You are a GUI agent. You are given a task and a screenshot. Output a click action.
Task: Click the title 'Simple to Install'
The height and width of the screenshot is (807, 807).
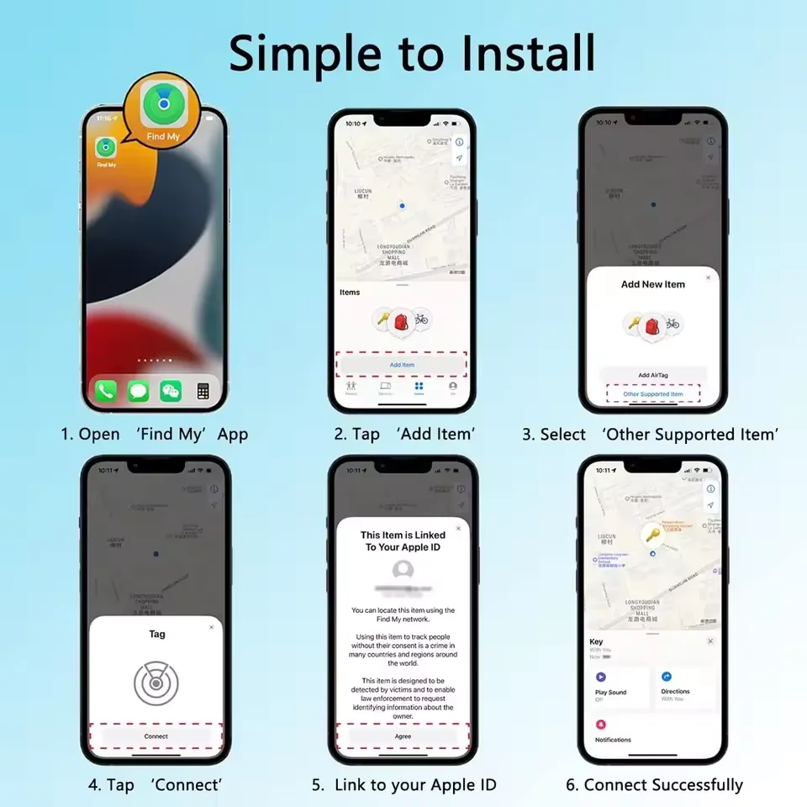412,52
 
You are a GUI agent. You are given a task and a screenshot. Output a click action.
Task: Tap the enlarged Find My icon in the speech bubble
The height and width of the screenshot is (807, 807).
162,103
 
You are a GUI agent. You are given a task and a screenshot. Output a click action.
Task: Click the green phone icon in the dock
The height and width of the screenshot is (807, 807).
106,391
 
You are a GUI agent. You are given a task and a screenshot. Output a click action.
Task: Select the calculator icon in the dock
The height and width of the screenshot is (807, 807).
203,391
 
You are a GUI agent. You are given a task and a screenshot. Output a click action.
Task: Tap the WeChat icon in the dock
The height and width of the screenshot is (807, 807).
171,391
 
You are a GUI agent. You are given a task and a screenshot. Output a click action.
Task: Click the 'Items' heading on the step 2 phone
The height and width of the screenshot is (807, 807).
350,293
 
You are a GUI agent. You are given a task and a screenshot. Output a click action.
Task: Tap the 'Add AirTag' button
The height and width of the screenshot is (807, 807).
653,375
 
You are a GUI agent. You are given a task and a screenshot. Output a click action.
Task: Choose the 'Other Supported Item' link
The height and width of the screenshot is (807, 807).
653,393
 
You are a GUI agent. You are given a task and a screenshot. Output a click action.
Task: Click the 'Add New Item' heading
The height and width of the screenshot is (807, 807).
653,284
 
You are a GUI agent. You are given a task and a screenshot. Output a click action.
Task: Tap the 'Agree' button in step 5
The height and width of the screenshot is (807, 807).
403,736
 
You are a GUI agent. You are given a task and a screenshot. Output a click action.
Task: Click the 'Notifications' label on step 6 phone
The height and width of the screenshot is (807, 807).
613,740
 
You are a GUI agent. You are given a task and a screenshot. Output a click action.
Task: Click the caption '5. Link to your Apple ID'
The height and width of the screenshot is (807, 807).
403,785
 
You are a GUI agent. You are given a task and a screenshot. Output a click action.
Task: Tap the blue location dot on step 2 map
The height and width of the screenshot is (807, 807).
403,205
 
